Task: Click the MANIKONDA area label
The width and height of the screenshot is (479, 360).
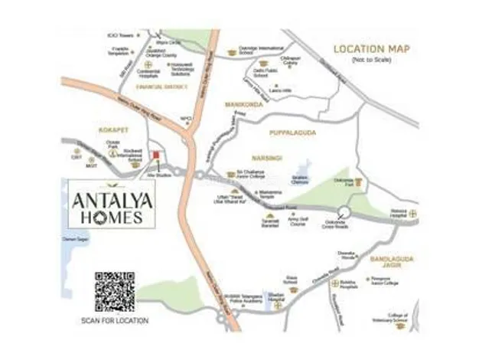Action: point(245,105)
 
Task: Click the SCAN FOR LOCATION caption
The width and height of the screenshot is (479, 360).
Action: point(115,320)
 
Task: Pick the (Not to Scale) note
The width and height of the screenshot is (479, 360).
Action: point(371,60)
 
